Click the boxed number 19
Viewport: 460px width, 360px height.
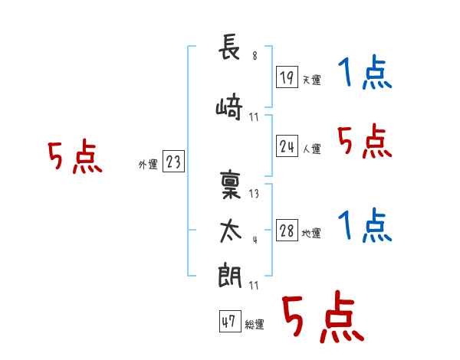(287, 77)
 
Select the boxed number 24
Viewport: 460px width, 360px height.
(287, 146)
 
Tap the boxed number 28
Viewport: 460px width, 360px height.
(287, 231)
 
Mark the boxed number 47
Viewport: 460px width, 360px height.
(228, 322)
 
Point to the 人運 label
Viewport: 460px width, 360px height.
(311, 149)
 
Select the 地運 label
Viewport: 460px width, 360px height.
(311, 234)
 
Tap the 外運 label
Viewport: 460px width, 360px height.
(147, 164)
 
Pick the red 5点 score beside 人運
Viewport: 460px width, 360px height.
(364, 141)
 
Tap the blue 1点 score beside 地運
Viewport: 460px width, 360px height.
(364, 226)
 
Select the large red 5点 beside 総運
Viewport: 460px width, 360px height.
(321, 317)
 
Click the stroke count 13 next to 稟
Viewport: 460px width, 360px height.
(255, 194)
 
